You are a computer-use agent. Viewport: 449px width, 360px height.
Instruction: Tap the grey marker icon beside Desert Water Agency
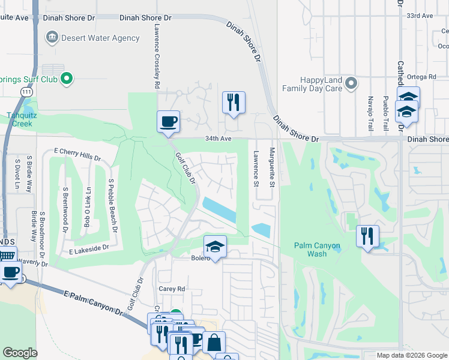[52, 38]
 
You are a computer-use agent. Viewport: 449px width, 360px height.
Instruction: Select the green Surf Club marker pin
[67, 77]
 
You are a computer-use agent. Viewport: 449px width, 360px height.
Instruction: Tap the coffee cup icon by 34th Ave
[168, 121]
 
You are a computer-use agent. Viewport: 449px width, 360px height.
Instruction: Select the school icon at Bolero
[215, 246]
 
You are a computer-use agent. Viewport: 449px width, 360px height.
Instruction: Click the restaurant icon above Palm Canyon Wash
[367, 236]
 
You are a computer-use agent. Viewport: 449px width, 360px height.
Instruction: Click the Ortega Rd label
[423, 77]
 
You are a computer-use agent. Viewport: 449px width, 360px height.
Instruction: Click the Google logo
[20, 353]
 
